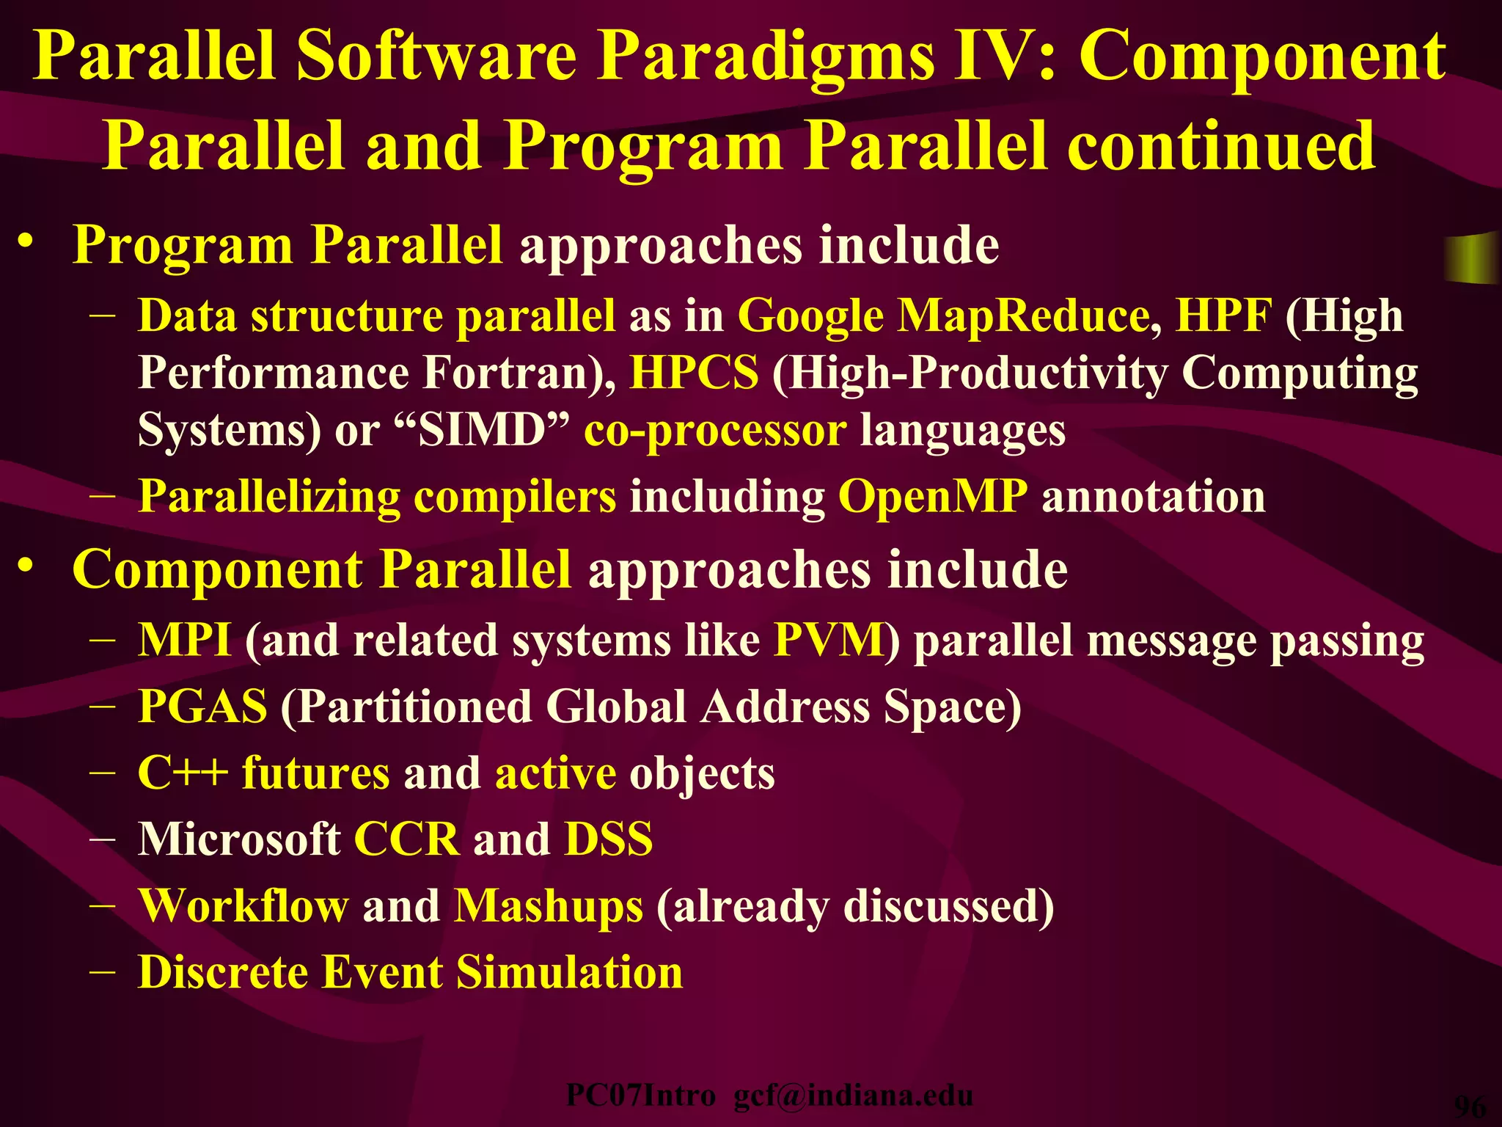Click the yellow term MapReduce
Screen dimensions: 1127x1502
[1024, 316]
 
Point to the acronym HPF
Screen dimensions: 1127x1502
[1223, 316]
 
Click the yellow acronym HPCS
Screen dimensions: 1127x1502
[694, 373]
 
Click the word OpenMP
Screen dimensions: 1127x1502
[932, 497]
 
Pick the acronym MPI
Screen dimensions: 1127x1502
[184, 640]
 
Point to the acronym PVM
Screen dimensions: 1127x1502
[829, 640]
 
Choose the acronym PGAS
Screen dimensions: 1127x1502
[202, 707]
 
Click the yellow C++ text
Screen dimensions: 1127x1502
[183, 773]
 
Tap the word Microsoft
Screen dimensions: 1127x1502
[239, 839]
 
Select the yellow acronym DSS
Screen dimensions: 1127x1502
[608, 839]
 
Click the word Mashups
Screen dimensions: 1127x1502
[548, 906]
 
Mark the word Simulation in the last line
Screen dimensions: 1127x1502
[569, 972]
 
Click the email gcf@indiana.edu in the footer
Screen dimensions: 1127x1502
[854, 1095]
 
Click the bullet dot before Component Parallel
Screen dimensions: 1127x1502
[26, 566]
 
